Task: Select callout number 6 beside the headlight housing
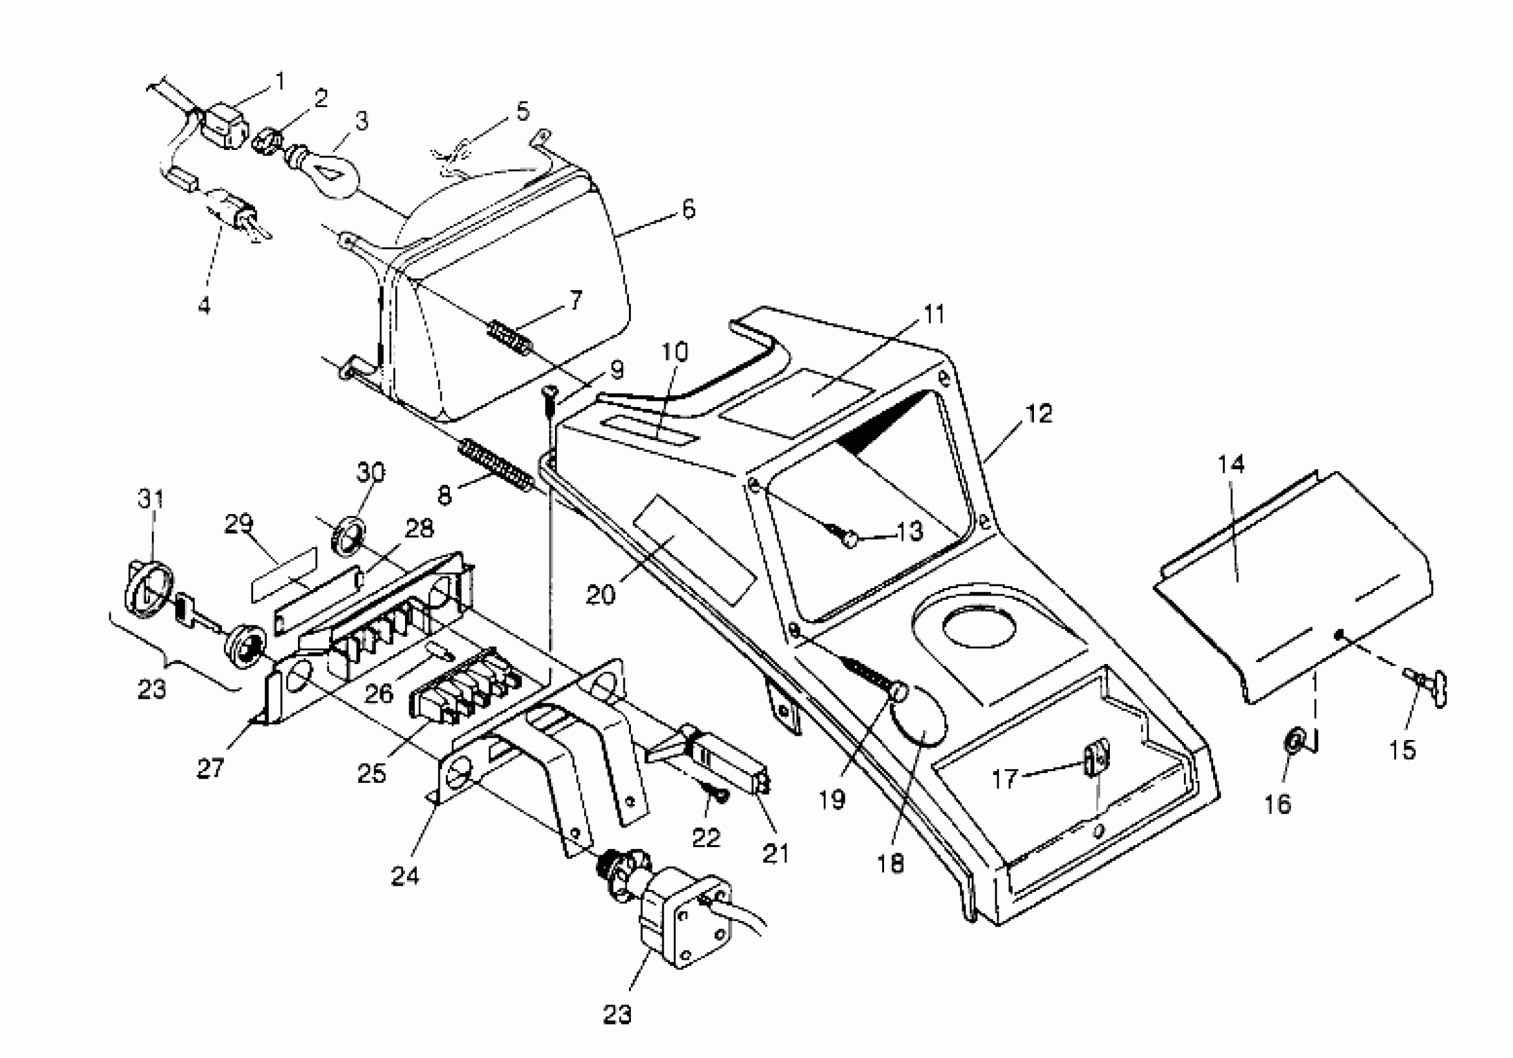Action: [x=687, y=210]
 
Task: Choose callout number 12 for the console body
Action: [x=1038, y=414]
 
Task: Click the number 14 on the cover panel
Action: [x=1231, y=464]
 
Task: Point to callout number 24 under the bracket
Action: [x=404, y=876]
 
